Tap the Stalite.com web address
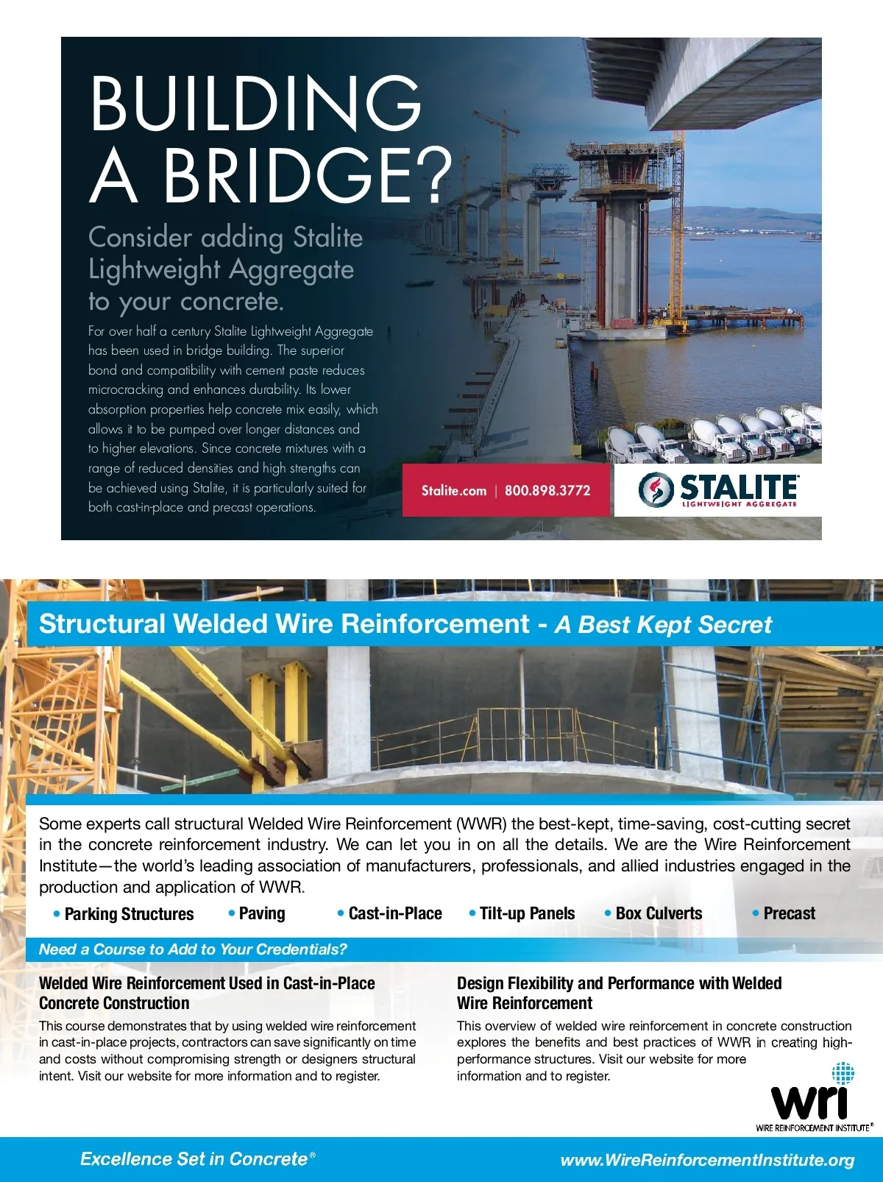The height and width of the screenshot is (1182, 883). (454, 491)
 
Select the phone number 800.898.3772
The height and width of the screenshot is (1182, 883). (547, 491)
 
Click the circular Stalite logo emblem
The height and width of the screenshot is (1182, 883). (656, 489)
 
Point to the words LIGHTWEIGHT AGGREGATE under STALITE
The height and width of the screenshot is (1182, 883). (739, 504)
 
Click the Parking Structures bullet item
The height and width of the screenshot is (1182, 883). (129, 914)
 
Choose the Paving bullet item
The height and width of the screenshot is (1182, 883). (262, 913)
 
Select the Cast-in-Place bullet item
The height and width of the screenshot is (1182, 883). (395, 913)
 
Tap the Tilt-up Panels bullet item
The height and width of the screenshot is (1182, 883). (527, 913)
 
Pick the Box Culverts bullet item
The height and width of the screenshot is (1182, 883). (659, 913)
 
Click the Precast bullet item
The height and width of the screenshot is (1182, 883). (789, 913)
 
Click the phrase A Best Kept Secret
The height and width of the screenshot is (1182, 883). (664, 625)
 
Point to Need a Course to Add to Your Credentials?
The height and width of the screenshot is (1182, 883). (193, 949)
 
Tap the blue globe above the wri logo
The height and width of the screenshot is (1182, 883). (843, 1073)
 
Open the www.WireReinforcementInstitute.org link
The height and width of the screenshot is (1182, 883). (707, 1161)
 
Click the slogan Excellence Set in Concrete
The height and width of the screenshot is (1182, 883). (194, 1159)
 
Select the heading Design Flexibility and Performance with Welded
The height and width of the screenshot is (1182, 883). (619, 983)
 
